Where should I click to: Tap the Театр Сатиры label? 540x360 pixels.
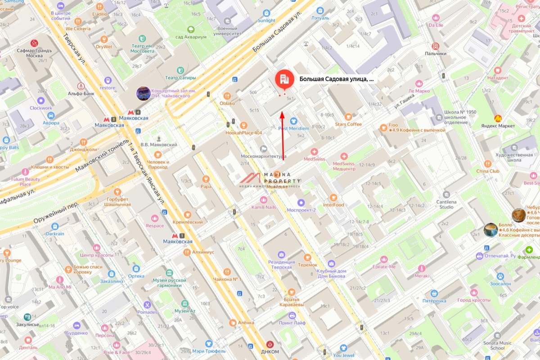click(x=180, y=77)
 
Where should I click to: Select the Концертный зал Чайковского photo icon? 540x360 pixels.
click(x=143, y=93)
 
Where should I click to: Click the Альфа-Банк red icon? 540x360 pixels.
click(x=81, y=85)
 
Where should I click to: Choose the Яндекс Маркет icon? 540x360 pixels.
click(x=498, y=118)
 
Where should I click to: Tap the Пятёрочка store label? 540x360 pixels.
click(x=434, y=301)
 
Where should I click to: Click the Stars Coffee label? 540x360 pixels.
click(x=348, y=124)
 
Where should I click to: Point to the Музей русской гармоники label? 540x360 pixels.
click(x=169, y=282)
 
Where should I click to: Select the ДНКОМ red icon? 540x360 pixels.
click(x=270, y=344)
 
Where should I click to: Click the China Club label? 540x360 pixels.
click(x=488, y=171)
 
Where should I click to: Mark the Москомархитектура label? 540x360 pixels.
click(x=264, y=157)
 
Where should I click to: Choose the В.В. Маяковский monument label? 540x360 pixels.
click(x=158, y=144)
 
